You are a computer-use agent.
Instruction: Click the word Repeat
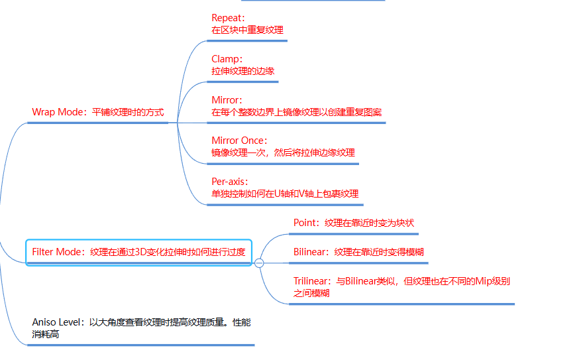(227, 18)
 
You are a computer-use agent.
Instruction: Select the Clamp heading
(225, 59)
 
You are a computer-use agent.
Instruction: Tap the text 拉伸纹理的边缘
(242, 71)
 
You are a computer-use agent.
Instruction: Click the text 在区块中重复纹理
(247, 30)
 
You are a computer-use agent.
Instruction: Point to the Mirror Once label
(238, 141)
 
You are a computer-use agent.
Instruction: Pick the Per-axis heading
(229, 182)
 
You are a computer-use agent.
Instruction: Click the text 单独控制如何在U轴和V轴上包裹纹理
(285, 194)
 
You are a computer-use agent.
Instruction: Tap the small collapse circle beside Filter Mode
(259, 263)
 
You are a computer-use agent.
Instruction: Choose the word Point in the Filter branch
(305, 223)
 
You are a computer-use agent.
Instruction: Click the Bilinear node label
(311, 252)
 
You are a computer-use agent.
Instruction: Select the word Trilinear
(311, 281)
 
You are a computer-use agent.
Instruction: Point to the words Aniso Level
(57, 322)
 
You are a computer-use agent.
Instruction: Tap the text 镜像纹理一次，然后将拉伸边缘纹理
(283, 152)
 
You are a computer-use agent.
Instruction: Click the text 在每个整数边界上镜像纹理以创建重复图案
(296, 112)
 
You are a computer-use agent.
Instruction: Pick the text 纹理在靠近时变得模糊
(379, 252)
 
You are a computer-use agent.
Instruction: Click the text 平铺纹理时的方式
(128, 112)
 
